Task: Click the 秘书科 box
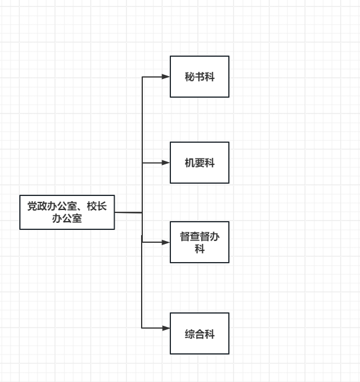click(200, 77)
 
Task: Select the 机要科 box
click(200, 163)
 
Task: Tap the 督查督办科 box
click(200, 242)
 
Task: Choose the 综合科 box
click(200, 333)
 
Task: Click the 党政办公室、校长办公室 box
click(67, 212)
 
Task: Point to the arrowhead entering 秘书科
click(166, 77)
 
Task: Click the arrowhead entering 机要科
click(166, 163)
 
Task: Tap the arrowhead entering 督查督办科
click(166, 242)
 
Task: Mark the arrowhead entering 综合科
click(166, 328)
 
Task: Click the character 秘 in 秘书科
click(190, 77)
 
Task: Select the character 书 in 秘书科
click(200, 77)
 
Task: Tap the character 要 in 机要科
click(200, 163)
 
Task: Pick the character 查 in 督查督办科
click(194, 236)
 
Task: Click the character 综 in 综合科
click(190, 334)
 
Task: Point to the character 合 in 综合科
click(200, 334)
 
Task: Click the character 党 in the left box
click(32, 206)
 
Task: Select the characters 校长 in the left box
click(97, 206)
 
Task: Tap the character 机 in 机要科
click(190, 163)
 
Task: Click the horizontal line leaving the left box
click(128, 212)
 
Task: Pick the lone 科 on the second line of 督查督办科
click(200, 249)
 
